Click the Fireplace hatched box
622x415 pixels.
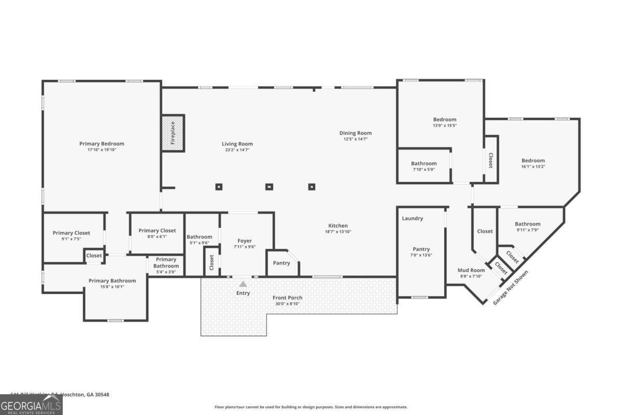point(173,133)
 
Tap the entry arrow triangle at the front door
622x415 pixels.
point(243,284)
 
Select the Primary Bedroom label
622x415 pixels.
point(102,144)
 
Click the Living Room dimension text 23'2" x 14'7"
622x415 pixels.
point(237,150)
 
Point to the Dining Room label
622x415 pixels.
point(356,133)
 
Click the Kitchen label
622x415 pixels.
point(338,226)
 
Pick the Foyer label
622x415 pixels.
point(245,241)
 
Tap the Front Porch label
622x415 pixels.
point(287,298)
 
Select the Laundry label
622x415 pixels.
point(413,218)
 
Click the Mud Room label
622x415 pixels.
point(471,270)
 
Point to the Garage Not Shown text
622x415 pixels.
point(511,287)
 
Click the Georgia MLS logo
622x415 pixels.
point(31,405)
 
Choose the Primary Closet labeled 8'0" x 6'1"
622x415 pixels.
point(157,231)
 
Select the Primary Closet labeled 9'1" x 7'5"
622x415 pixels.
point(72,233)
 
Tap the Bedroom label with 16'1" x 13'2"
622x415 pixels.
point(533,161)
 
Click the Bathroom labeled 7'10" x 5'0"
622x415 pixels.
point(424,163)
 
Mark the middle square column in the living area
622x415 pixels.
point(269,187)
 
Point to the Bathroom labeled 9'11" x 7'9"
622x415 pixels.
point(528,224)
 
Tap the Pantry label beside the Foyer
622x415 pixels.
point(281,263)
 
